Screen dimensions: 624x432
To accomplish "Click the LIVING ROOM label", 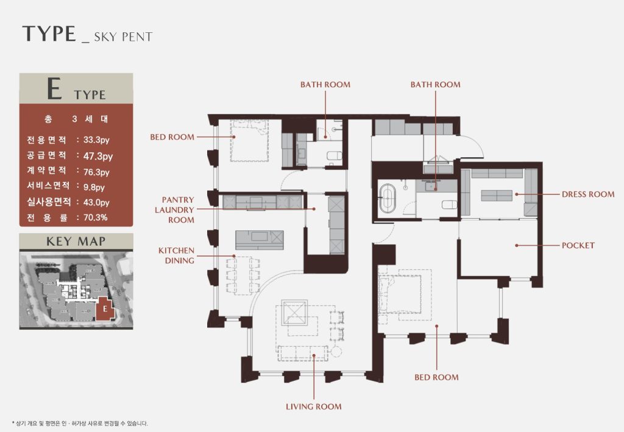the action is pyautogui.click(x=314, y=406).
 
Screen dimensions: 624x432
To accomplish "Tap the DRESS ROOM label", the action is pyautogui.click(x=588, y=194).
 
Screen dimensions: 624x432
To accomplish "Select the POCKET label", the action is pyautogui.click(x=578, y=246).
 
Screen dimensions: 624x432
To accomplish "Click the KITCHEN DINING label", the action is pyautogui.click(x=176, y=255).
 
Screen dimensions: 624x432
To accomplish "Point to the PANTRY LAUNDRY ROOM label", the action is pyautogui.click(x=175, y=210).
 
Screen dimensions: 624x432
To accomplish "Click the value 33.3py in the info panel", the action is pyautogui.click(x=96, y=140).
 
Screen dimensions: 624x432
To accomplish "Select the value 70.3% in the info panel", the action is pyautogui.click(x=96, y=218).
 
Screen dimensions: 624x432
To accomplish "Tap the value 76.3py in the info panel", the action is pyautogui.click(x=96, y=172).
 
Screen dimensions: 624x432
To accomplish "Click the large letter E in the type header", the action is pyautogui.click(x=54, y=89).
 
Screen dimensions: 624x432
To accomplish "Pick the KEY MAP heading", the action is pyautogui.click(x=76, y=241).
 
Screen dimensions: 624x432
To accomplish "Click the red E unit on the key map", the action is pyautogui.click(x=105, y=308).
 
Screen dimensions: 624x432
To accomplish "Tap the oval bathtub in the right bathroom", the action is pyautogui.click(x=386, y=198).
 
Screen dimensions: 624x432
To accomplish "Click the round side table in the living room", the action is pyautogui.click(x=336, y=352).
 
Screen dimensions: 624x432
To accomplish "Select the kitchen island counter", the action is pyautogui.click(x=260, y=240).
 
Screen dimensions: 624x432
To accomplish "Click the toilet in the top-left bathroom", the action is pyautogui.click(x=334, y=155).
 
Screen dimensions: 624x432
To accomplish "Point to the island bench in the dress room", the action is pyautogui.click(x=496, y=196).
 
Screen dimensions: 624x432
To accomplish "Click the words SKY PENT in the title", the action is pyautogui.click(x=123, y=37).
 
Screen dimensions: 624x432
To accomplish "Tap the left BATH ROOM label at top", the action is pyautogui.click(x=325, y=84).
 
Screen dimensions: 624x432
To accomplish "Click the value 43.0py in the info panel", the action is pyautogui.click(x=96, y=202).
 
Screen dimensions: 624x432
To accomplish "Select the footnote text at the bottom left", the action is pyautogui.click(x=80, y=423).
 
